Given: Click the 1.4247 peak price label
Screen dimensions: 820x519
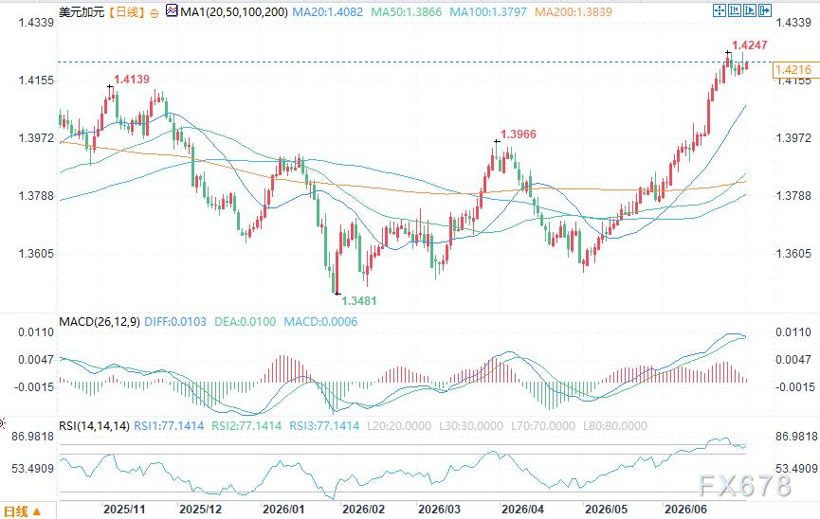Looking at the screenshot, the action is click(750, 45).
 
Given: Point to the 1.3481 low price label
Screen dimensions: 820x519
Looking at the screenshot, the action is click(358, 300).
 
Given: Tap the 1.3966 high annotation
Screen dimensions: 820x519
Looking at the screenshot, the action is click(519, 134).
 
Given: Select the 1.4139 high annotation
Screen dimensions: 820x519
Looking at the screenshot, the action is click(132, 80).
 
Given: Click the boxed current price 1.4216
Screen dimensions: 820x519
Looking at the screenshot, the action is click(793, 69).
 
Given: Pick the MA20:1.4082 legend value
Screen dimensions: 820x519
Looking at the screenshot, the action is click(327, 11).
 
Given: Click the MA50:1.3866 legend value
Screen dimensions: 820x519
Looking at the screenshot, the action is click(407, 11).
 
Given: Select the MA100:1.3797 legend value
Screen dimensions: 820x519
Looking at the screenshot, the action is click(488, 11).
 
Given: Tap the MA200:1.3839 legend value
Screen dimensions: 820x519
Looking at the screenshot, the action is click(574, 11).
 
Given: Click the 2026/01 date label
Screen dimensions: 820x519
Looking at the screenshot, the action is click(282, 510).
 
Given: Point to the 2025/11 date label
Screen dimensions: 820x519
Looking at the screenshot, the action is click(124, 510).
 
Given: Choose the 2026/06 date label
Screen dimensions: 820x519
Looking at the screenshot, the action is click(685, 510).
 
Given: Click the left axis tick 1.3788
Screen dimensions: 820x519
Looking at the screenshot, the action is click(36, 196).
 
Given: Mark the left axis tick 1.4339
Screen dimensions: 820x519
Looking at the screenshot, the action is click(36, 23).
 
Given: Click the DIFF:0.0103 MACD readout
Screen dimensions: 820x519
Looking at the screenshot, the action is click(175, 322).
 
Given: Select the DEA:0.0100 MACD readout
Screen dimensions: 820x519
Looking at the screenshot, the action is click(246, 322).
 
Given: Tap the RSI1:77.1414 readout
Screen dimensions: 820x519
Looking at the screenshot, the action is click(169, 426).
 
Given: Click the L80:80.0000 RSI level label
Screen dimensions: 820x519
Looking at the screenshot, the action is click(615, 426).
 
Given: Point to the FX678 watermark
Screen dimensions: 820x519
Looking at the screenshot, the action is click(745, 486).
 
